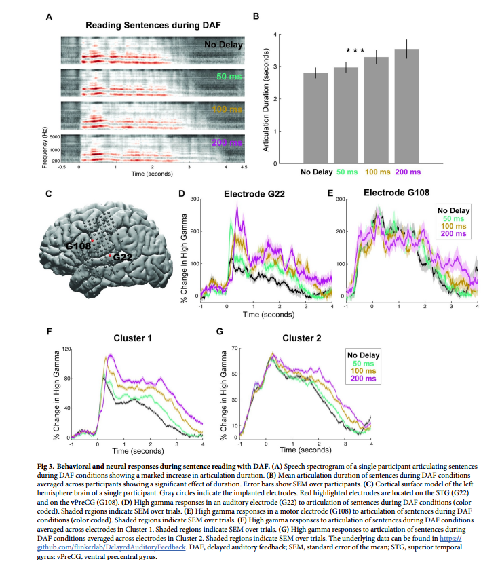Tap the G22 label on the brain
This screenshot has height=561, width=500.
[122, 258]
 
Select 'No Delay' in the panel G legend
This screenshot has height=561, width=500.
[362, 354]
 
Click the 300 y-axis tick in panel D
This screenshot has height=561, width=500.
[194, 199]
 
